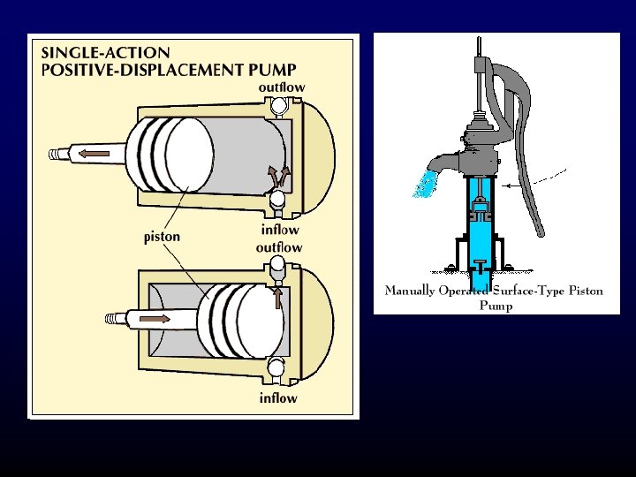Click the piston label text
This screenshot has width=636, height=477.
tap(163, 237)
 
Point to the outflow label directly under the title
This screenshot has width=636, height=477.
tap(282, 87)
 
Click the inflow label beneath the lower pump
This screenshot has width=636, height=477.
tap(278, 398)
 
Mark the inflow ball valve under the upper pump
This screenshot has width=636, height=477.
tap(278, 201)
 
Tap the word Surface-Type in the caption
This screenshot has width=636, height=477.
tap(523, 291)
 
